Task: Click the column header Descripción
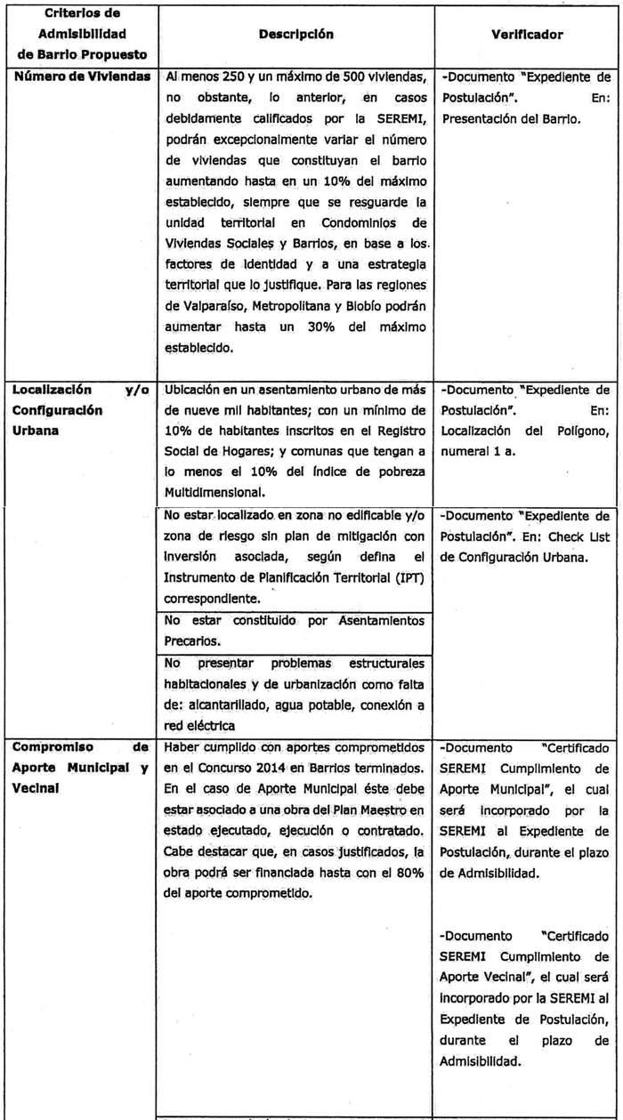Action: (x=296, y=34)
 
